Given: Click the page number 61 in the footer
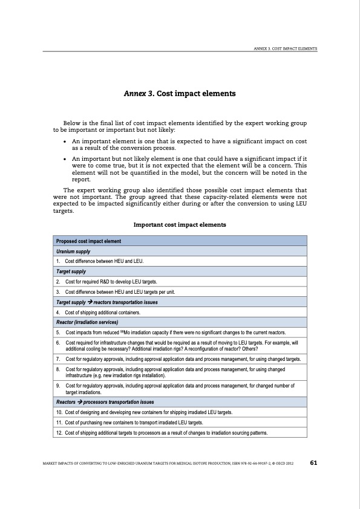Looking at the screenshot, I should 313,463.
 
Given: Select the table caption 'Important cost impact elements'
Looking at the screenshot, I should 180,225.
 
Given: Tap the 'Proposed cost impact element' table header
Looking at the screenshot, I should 89,241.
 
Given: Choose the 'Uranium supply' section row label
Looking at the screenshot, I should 74,251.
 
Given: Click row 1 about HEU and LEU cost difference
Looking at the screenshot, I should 103,261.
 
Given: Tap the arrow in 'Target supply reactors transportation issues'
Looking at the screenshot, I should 89,302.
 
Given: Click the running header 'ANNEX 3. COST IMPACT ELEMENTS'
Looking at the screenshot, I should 286,48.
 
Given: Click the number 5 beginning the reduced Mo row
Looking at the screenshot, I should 57,332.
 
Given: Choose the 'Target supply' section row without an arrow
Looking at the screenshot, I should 71,271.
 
